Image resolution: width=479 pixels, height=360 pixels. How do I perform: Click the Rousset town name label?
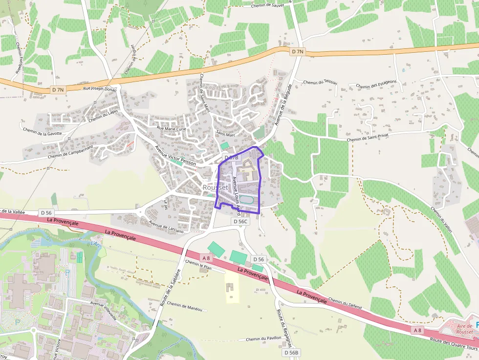tap(215, 188)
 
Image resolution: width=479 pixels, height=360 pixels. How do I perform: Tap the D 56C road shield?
tap(241, 221)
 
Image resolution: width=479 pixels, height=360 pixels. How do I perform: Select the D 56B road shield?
tap(291, 352)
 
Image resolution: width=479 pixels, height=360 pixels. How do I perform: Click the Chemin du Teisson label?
tap(320, 82)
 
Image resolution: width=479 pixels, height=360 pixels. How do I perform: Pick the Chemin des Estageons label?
tap(376, 86)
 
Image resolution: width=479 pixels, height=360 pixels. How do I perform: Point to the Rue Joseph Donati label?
tap(100, 89)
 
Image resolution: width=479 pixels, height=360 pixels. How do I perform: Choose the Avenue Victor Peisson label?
tap(175, 156)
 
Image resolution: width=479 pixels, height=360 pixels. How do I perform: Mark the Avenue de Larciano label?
tap(166, 227)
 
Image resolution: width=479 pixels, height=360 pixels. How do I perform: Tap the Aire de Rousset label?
tap(465, 329)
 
